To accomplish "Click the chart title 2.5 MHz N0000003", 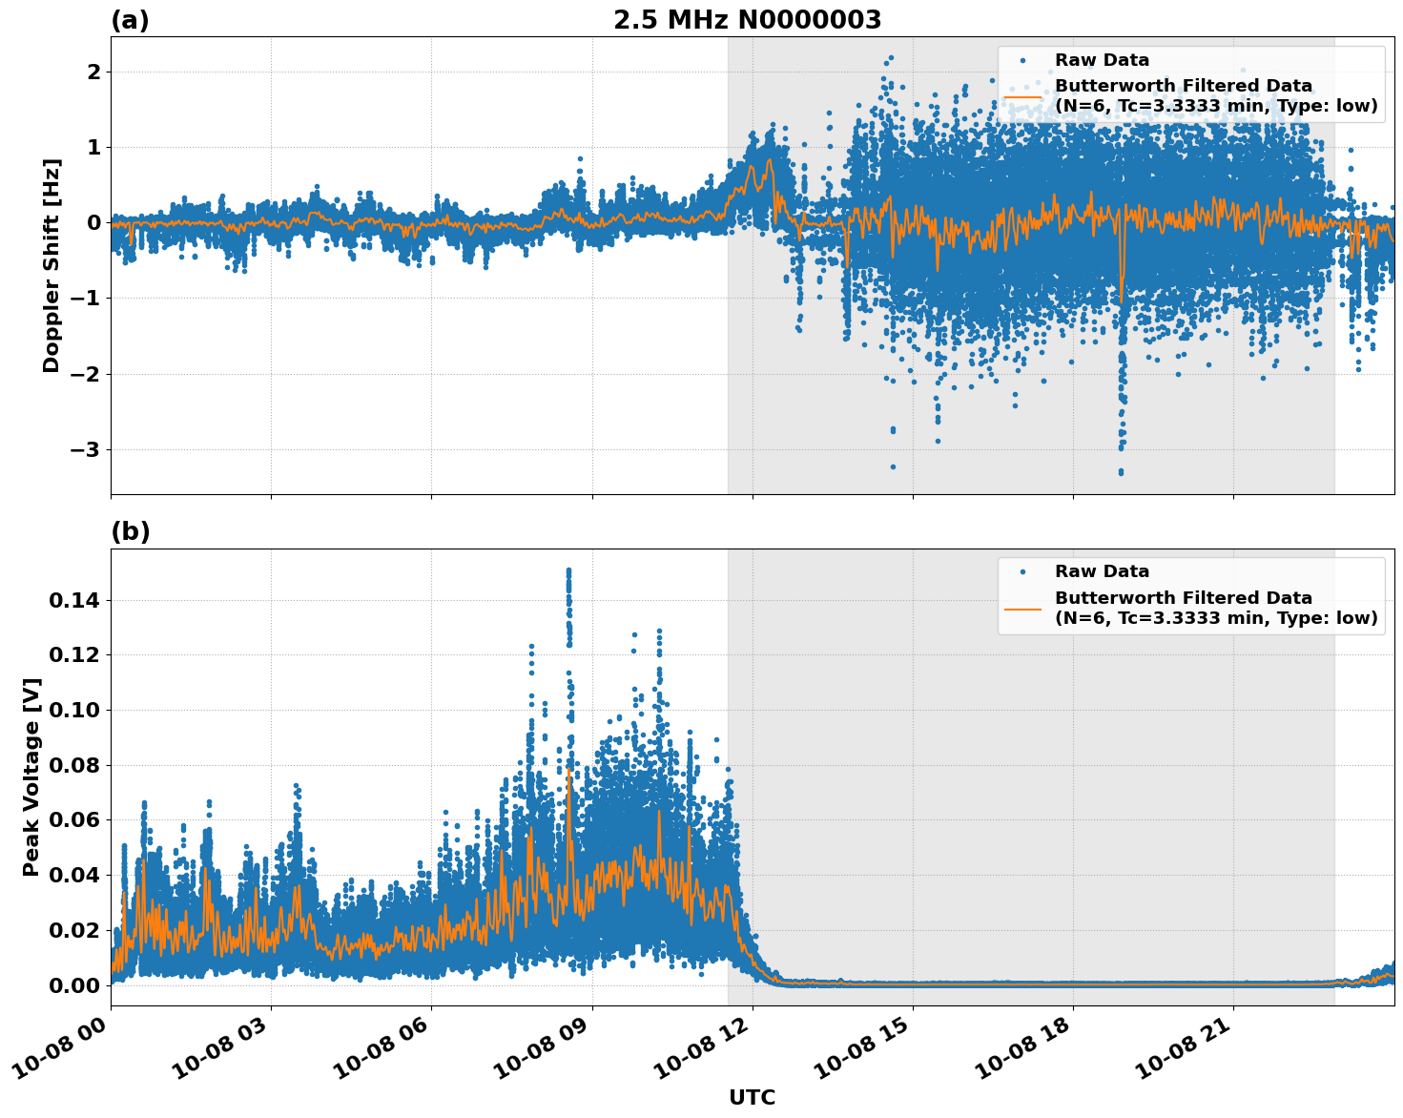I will (747, 20).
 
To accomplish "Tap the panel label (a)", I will (130, 20).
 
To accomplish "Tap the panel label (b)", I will (130, 531).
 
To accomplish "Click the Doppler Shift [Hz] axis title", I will (52, 265).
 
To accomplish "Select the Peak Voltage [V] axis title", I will (31, 776).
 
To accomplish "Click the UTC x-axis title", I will (752, 1097).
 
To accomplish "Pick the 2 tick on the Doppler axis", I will (93, 72).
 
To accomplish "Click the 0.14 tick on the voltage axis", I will (73, 600).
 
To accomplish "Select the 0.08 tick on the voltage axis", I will (73, 765).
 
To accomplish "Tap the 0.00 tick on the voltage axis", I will (73, 985).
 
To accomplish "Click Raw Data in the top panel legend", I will (1102, 60).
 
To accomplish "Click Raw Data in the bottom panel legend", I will (1102, 571).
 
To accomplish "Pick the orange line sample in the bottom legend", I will (1022, 608).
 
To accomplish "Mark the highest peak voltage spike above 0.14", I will (568, 570).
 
